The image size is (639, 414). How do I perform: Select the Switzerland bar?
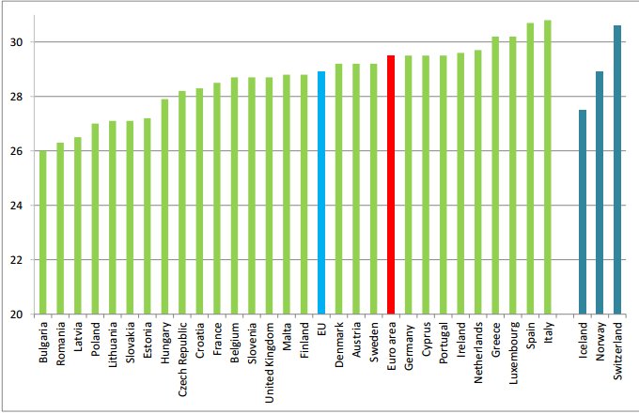(x=617, y=169)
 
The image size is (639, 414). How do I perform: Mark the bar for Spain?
(x=530, y=168)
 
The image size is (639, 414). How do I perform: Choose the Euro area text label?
(x=390, y=346)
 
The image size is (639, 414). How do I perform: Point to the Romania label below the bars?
(x=60, y=344)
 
